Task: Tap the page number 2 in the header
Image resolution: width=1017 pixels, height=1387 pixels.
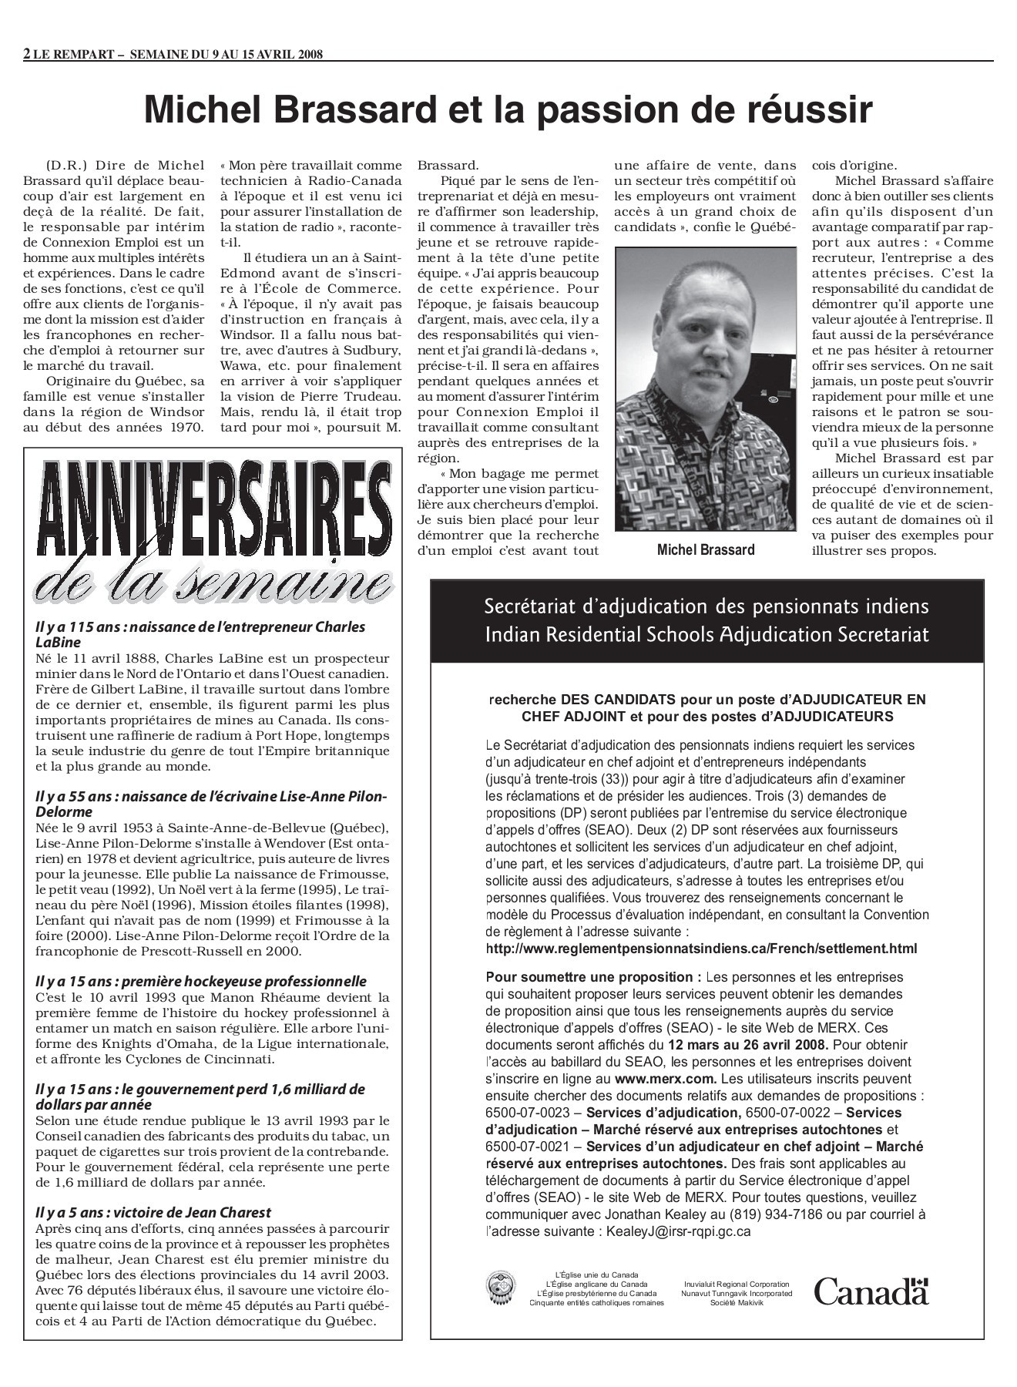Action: point(28,54)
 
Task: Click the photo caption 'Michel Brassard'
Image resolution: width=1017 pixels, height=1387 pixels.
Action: point(706,549)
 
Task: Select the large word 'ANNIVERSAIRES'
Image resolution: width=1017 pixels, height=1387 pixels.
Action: point(212,509)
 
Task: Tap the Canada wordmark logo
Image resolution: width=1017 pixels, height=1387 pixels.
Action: point(871,1291)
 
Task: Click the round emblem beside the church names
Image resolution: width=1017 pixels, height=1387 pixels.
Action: point(502,1288)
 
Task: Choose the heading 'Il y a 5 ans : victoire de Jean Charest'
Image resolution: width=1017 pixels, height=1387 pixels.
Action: point(153,1212)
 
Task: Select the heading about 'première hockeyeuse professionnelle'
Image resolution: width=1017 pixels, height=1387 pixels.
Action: point(201,981)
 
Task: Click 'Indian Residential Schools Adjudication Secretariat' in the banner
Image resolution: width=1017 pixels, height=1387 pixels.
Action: point(707,634)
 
